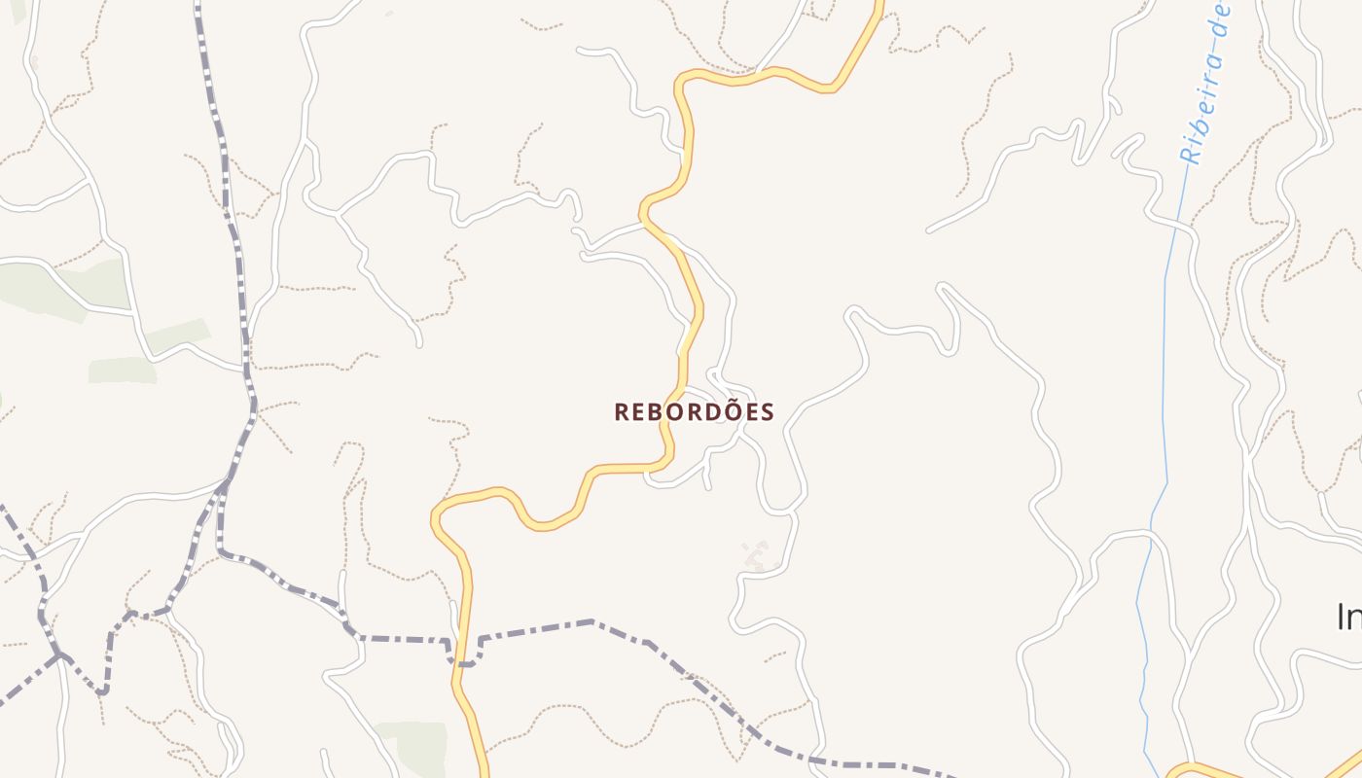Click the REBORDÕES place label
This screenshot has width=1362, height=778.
694,412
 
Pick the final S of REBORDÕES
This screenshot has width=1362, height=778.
769,412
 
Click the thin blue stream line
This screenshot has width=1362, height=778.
1165,389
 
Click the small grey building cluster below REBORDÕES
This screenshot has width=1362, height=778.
755,555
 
